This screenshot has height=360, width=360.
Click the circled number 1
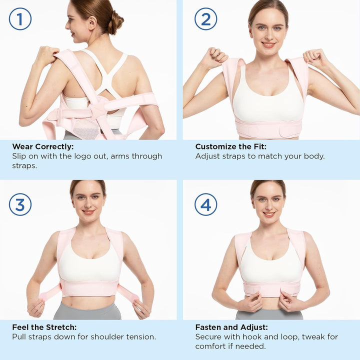20,19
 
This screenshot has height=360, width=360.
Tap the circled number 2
205,19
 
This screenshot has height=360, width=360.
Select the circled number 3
20,204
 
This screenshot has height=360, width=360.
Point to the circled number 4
205,204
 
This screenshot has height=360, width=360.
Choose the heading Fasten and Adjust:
231,327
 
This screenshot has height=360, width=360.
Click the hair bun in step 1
116,22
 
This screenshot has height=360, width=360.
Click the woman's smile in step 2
268,44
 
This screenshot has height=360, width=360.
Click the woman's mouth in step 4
269,214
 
